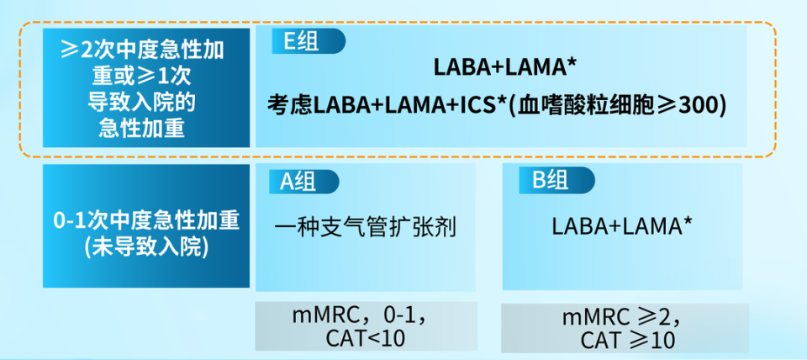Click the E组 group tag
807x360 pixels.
[x=309, y=41]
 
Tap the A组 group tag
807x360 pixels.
[x=303, y=182]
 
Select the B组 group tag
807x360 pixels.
[x=556, y=180]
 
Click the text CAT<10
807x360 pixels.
[x=366, y=338]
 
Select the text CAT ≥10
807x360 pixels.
[x=627, y=340]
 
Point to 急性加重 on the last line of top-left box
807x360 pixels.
[x=141, y=129]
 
